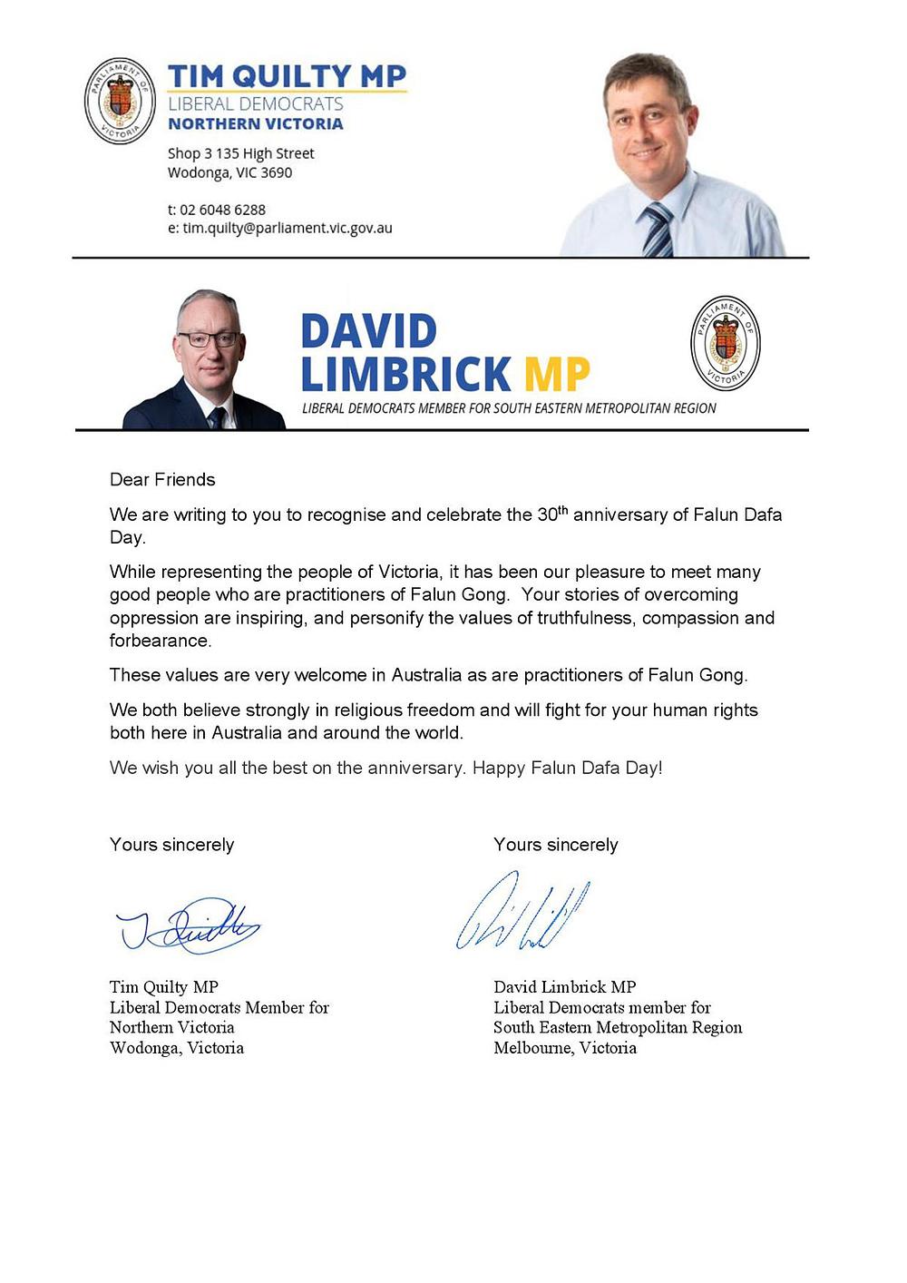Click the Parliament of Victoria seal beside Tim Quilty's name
[x=120, y=101]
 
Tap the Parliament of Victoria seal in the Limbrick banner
[x=725, y=343]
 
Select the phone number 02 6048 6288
[x=222, y=210]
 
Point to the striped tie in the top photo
[x=658, y=230]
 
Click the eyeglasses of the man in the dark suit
[x=209, y=339]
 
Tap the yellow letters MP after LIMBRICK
[x=557, y=374]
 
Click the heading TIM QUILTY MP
[x=287, y=75]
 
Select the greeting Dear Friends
[x=162, y=479]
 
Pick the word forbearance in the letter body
[x=160, y=641]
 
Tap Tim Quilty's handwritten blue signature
[x=189, y=925]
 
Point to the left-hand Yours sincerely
[x=171, y=845]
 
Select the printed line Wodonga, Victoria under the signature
[x=177, y=1048]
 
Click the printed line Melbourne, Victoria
[x=565, y=1048]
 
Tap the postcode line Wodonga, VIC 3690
[x=229, y=172]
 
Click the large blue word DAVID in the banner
[x=368, y=331]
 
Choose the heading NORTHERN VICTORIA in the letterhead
[x=256, y=124]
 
